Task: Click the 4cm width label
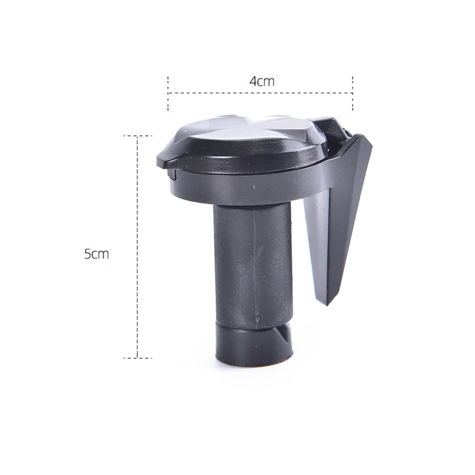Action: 262,81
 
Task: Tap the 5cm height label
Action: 97,254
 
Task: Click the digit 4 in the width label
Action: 254,81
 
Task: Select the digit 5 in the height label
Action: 87,254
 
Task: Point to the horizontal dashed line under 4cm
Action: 261,93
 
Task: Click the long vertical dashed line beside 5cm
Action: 138,247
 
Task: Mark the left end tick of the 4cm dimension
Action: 168,94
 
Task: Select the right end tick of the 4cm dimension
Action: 353,94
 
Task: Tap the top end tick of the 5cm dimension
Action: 138,136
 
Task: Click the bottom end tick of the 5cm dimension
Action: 138,358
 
